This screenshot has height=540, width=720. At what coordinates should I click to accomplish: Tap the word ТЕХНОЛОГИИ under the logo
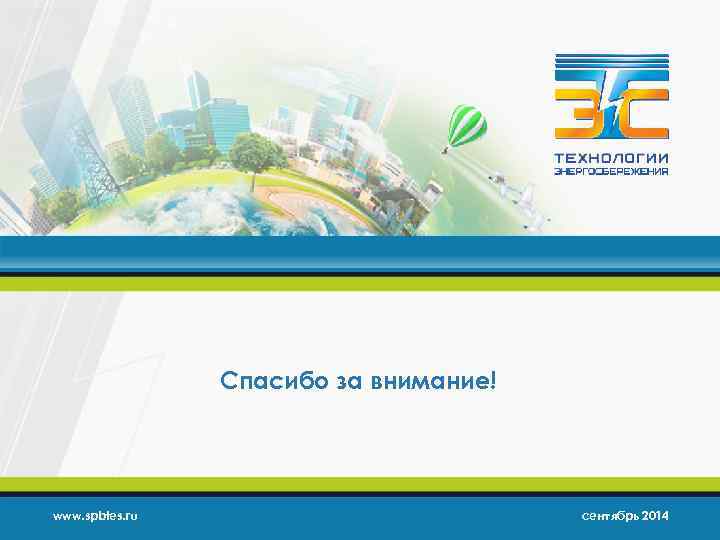(x=613, y=158)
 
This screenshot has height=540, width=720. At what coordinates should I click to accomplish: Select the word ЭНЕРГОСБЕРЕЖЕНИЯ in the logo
(x=612, y=171)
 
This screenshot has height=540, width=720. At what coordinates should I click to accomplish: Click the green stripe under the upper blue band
(x=360, y=283)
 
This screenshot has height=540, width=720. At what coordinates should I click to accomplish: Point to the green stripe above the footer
(x=360, y=485)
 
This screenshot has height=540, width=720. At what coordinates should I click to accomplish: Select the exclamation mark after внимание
(x=493, y=381)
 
